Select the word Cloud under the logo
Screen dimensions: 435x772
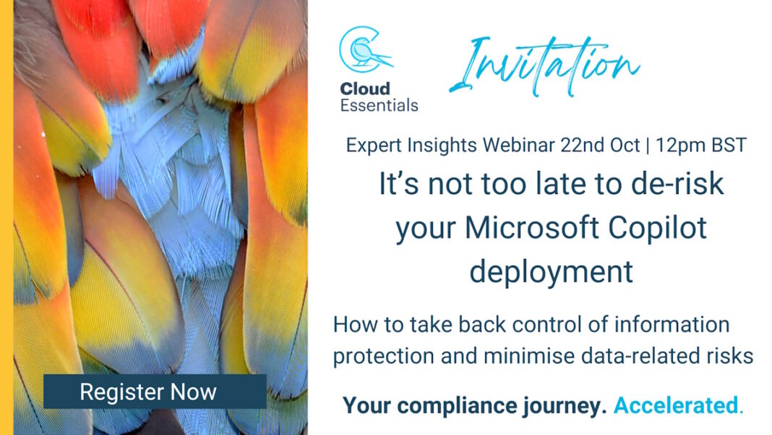coord(365,89)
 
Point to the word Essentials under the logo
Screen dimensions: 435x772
coord(379,106)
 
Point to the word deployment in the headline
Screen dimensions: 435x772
coord(551,271)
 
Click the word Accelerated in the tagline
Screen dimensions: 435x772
coord(677,406)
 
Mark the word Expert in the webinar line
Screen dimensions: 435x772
coord(374,145)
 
